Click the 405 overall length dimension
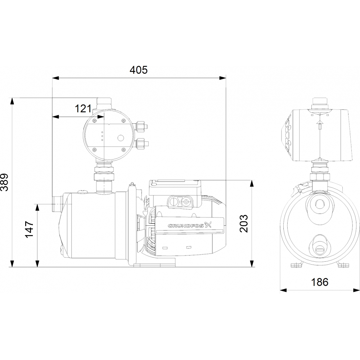(x=139, y=70)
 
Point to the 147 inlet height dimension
(x=29, y=229)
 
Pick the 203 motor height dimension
(x=244, y=224)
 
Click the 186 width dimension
(x=320, y=282)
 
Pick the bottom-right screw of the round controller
(x=123, y=149)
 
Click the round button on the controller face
(x=120, y=138)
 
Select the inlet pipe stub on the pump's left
(x=57, y=204)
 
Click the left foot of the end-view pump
(x=296, y=265)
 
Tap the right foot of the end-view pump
(x=343, y=265)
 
